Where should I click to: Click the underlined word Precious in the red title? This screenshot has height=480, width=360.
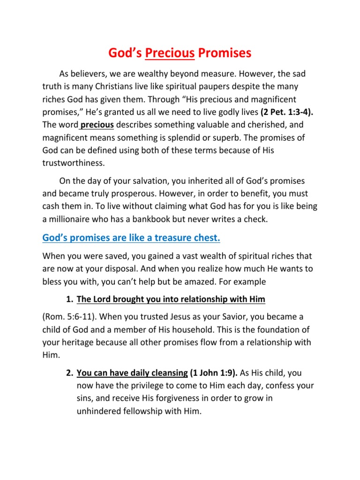[170, 53]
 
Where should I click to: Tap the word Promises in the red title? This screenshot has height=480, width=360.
[225, 53]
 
